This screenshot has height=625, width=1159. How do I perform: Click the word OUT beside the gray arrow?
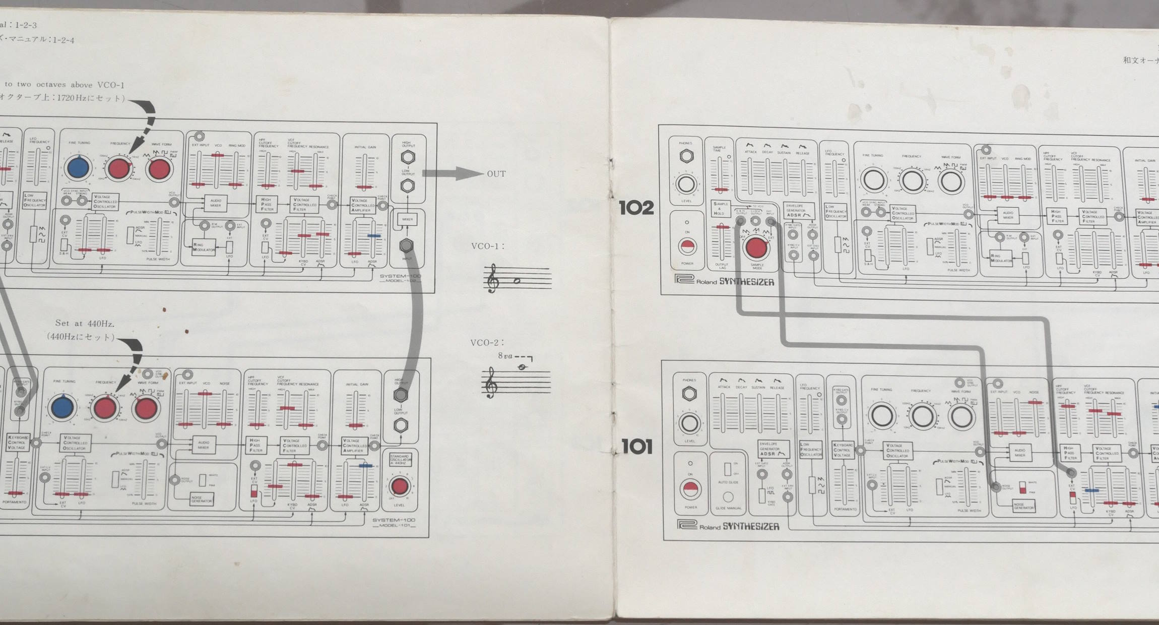click(x=496, y=174)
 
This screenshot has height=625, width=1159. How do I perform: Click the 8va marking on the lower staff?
click(x=505, y=356)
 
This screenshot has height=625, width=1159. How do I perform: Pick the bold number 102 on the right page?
click(x=636, y=208)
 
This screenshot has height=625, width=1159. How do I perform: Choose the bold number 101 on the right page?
click(x=637, y=447)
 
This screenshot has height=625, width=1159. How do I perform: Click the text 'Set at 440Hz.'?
click(x=85, y=323)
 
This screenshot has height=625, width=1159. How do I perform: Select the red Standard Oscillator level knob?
click(x=400, y=486)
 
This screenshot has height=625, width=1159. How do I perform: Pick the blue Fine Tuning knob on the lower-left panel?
click(x=63, y=407)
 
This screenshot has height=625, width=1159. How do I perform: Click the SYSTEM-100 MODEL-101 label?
click(x=394, y=523)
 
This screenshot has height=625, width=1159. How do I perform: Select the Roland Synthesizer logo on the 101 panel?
click(x=728, y=526)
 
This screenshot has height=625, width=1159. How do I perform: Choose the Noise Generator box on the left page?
click(x=201, y=499)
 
